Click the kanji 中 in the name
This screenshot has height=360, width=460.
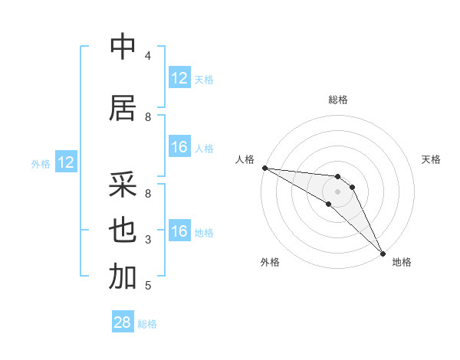click(122, 47)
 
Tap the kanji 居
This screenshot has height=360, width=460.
click(122, 108)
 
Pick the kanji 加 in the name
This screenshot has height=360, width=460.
click(122, 277)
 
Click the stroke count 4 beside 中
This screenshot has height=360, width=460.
click(148, 55)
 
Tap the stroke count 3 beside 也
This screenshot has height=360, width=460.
click(148, 240)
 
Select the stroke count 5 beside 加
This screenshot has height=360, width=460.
click(148, 286)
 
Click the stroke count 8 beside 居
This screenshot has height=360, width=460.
click(148, 116)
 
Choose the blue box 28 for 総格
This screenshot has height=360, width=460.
click(123, 323)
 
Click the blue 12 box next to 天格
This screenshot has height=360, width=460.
click(179, 78)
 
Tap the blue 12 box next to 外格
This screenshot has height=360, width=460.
click(65, 162)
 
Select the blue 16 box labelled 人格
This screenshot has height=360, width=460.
click(179, 147)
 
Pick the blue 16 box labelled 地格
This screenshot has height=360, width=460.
click(179, 231)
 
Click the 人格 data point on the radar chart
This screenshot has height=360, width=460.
click(264, 168)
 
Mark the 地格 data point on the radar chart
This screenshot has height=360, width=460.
click(383, 253)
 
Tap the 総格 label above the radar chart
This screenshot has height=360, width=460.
click(338, 100)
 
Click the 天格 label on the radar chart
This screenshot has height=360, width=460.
click(432, 159)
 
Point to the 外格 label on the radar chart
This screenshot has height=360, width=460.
click(270, 262)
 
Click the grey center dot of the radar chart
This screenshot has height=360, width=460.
click(337, 191)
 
